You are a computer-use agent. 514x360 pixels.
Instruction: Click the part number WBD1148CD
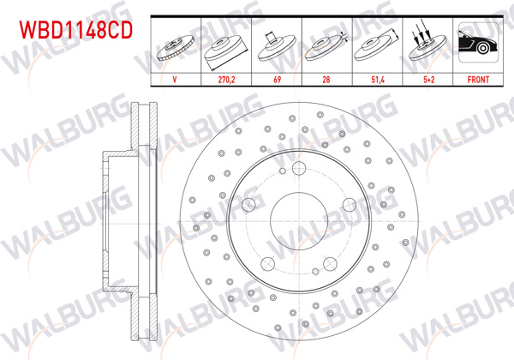pyautogui.click(x=76, y=32)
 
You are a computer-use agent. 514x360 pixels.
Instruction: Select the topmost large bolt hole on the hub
pyautogui.click(x=299, y=168)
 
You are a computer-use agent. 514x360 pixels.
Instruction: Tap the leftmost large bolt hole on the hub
pyautogui.click(x=248, y=205)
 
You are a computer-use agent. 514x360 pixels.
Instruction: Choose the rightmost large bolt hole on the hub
pyautogui.click(x=350, y=205)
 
